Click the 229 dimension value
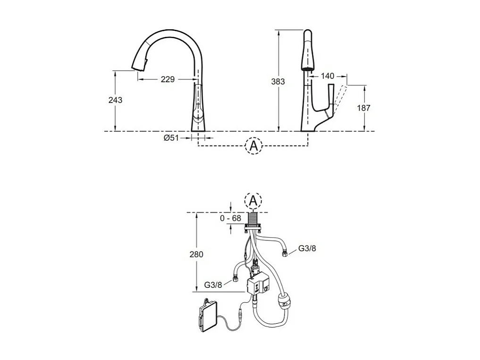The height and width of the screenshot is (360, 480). pyautogui.click(x=168, y=79)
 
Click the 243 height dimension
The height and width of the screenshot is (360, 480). pyautogui.click(x=115, y=100)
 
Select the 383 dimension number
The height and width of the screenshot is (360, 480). pyautogui.click(x=278, y=81)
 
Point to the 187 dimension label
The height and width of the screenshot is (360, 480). pyautogui.click(x=363, y=108)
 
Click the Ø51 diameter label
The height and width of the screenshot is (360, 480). pyautogui.click(x=170, y=138)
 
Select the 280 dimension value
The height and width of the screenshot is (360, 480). pyautogui.click(x=196, y=254)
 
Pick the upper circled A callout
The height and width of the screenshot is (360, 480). pyautogui.click(x=253, y=146)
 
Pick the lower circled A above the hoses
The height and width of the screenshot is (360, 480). pyautogui.click(x=253, y=201)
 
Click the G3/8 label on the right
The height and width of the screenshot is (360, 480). pyautogui.click(x=307, y=249)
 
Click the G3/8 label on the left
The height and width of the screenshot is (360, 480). pyautogui.click(x=213, y=285)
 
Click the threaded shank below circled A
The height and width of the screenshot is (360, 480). pyautogui.click(x=253, y=219)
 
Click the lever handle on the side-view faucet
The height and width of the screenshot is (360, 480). pyautogui.click(x=331, y=99)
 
